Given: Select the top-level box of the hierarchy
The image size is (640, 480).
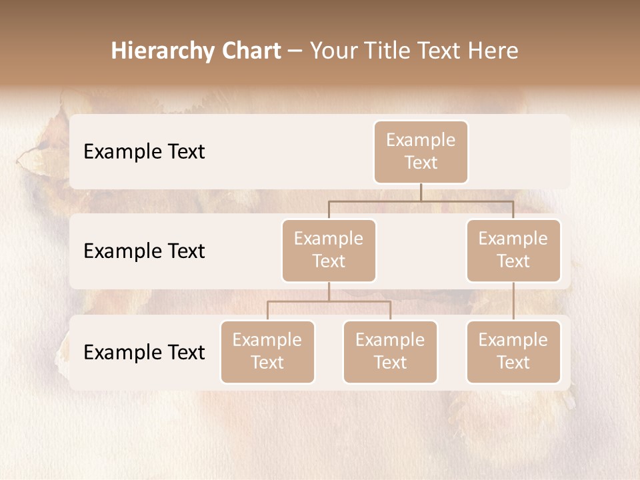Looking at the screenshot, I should click(421, 151).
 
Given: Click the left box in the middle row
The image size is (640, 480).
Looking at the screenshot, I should click(329, 250).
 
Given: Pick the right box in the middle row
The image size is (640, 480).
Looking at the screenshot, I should click(513, 250).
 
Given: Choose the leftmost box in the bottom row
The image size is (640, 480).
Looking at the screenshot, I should click(267, 351).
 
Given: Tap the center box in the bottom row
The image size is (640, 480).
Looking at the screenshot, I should click(390, 351).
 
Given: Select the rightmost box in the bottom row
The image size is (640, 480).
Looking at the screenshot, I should click(513, 351).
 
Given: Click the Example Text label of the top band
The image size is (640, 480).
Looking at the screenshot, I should click(144, 152).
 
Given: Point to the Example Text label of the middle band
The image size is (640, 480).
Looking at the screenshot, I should click(144, 251).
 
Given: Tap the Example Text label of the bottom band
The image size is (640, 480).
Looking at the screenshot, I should click(144, 352).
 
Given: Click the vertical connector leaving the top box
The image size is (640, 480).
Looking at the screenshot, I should click(421, 192).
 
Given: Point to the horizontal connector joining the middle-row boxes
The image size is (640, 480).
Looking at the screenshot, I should click(421, 201).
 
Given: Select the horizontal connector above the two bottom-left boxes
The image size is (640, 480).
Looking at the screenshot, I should click(329, 301).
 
